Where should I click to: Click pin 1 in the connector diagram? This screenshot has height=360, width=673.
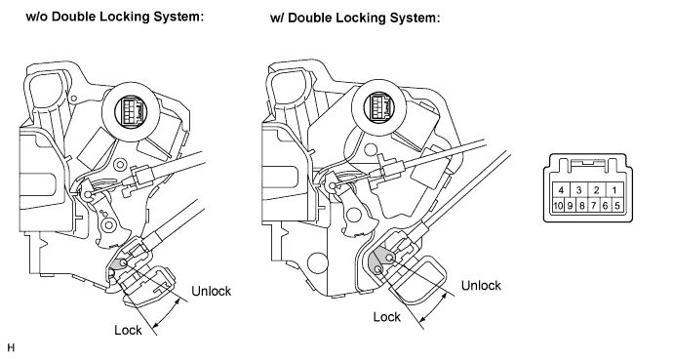(614, 190)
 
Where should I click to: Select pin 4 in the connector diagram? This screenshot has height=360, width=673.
(561, 190)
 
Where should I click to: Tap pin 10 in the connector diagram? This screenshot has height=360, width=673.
(558, 206)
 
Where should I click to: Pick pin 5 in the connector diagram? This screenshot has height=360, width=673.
(616, 206)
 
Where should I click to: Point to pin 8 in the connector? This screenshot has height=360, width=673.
(581, 206)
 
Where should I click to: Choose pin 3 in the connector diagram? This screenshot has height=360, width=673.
(578, 190)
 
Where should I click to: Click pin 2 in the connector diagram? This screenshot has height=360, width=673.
(596, 190)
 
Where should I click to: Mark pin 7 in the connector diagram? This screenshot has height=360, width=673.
(593, 206)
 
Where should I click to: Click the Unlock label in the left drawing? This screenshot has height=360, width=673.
(212, 291)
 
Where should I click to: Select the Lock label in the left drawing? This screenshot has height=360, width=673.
(128, 330)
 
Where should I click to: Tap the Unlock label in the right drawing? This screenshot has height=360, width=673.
(481, 285)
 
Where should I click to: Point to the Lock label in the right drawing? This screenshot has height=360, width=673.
(386, 317)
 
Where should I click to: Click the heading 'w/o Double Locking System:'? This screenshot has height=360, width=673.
(114, 17)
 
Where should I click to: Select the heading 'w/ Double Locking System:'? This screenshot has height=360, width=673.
(355, 18)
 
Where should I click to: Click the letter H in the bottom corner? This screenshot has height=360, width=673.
(11, 347)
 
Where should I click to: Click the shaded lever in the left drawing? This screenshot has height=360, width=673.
(118, 264)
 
